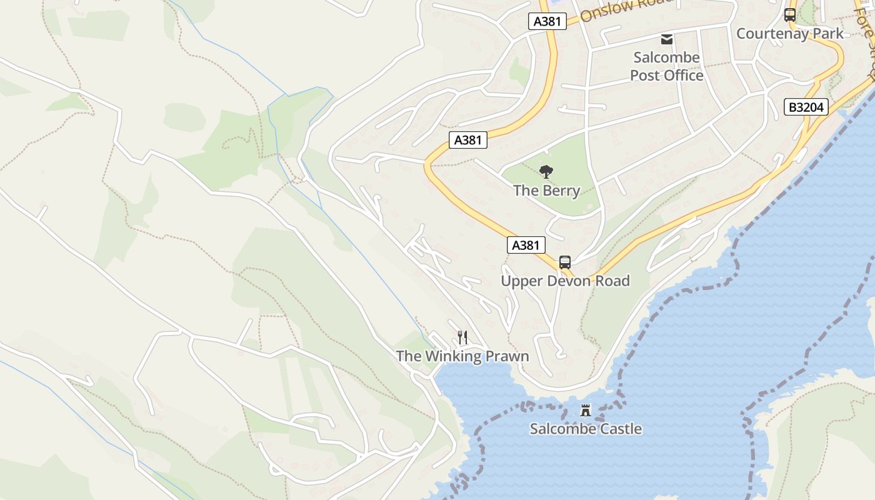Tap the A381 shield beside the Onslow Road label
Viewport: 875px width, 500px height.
pos(547,21)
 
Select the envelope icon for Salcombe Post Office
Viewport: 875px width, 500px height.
pos(667,39)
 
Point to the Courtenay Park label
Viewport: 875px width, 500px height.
pos(789,34)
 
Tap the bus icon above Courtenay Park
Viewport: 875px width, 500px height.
pos(790,15)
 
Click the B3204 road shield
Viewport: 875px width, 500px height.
pos(806,107)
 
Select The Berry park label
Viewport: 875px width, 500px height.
pos(546,191)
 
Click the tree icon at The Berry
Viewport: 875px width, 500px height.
pos(546,172)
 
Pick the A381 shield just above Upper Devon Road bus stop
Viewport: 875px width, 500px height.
pos(525,245)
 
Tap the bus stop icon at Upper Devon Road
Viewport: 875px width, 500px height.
pos(565,262)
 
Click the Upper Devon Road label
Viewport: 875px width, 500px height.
pos(565,281)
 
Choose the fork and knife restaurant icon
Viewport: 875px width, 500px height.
pos(462,337)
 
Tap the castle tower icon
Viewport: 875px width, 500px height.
pos(586,411)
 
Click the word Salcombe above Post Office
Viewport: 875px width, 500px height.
pos(666,57)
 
